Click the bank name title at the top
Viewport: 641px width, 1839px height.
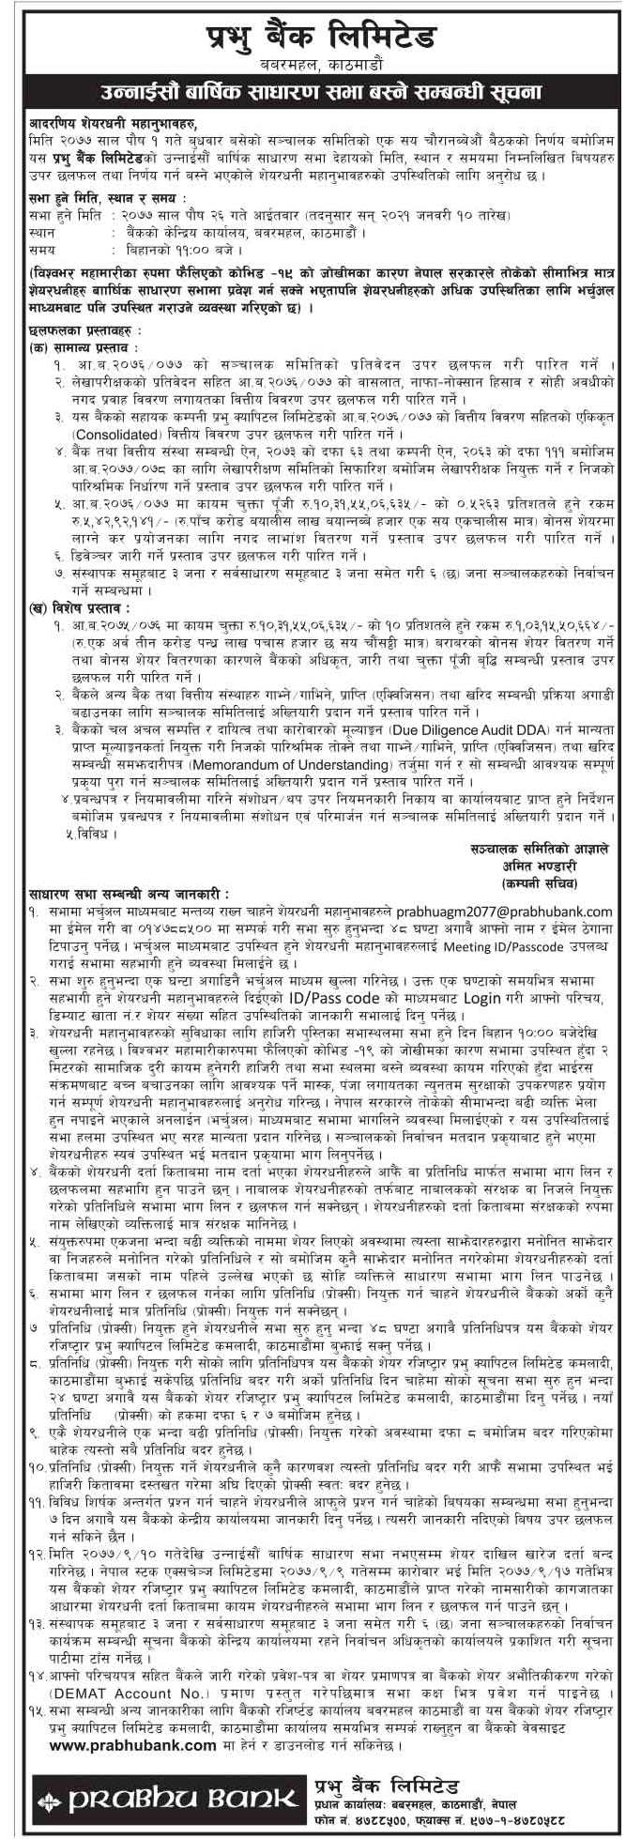tap(321, 38)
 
